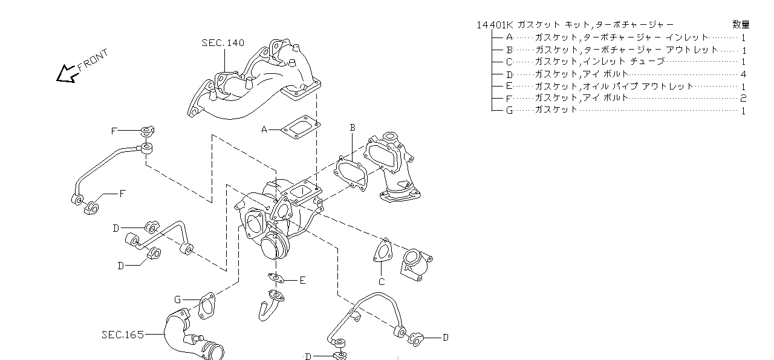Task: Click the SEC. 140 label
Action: pyautogui.click(x=223, y=43)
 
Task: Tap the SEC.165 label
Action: pyautogui.click(x=123, y=334)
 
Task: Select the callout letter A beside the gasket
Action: pyautogui.click(x=264, y=129)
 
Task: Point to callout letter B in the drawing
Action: pyautogui.click(x=352, y=128)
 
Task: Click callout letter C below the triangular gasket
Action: pyautogui.click(x=381, y=281)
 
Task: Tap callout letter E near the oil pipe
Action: pyautogui.click(x=302, y=280)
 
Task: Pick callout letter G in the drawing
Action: pyautogui.click(x=178, y=299)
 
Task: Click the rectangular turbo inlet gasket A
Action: pyautogui.click(x=300, y=127)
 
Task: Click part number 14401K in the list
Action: pyautogui.click(x=495, y=25)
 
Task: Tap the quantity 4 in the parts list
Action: pyautogui.click(x=743, y=74)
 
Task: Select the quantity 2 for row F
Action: pyautogui.click(x=743, y=98)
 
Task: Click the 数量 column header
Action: pyautogui.click(x=741, y=25)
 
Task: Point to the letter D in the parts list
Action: pyautogui.click(x=509, y=74)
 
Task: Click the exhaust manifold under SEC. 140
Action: pyautogui.click(x=254, y=85)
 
